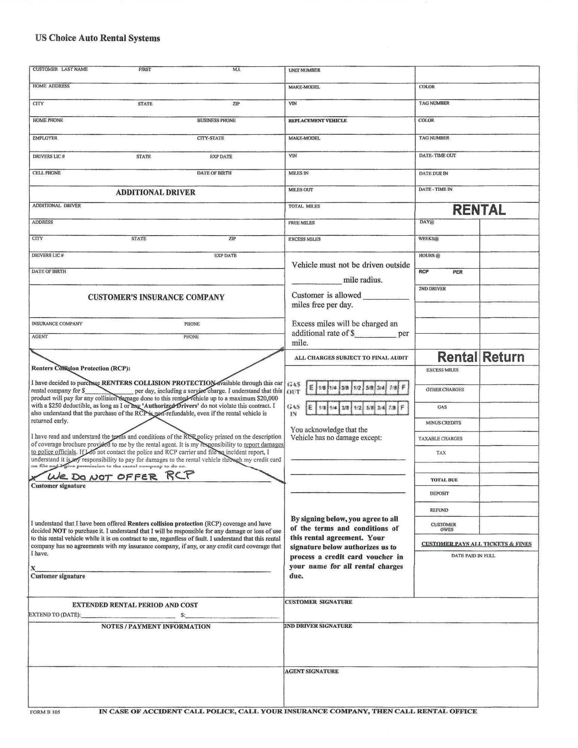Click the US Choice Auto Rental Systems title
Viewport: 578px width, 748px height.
click(x=98, y=38)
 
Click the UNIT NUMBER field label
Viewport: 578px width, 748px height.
click(x=304, y=70)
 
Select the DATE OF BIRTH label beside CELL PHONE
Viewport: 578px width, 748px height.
click(x=214, y=173)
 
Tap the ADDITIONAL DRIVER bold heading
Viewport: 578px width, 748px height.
click(x=155, y=193)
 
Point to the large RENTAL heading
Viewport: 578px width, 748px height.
click(x=479, y=210)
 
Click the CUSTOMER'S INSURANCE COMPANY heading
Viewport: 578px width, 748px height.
click(x=156, y=297)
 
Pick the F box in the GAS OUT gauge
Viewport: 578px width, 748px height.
click(x=403, y=387)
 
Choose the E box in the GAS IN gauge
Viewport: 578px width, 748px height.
click(x=310, y=408)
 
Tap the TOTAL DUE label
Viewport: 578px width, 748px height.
click(x=444, y=480)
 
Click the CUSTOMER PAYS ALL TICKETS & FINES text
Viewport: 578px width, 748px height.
click(x=476, y=544)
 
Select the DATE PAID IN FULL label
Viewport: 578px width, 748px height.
click(x=473, y=556)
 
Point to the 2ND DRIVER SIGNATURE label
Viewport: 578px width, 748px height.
click(x=318, y=626)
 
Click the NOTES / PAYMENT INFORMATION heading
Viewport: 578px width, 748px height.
click(x=156, y=626)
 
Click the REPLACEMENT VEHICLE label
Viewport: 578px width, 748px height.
click(x=317, y=120)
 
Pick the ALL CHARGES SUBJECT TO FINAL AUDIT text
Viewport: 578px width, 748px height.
click(x=351, y=358)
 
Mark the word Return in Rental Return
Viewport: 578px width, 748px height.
click(x=503, y=357)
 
